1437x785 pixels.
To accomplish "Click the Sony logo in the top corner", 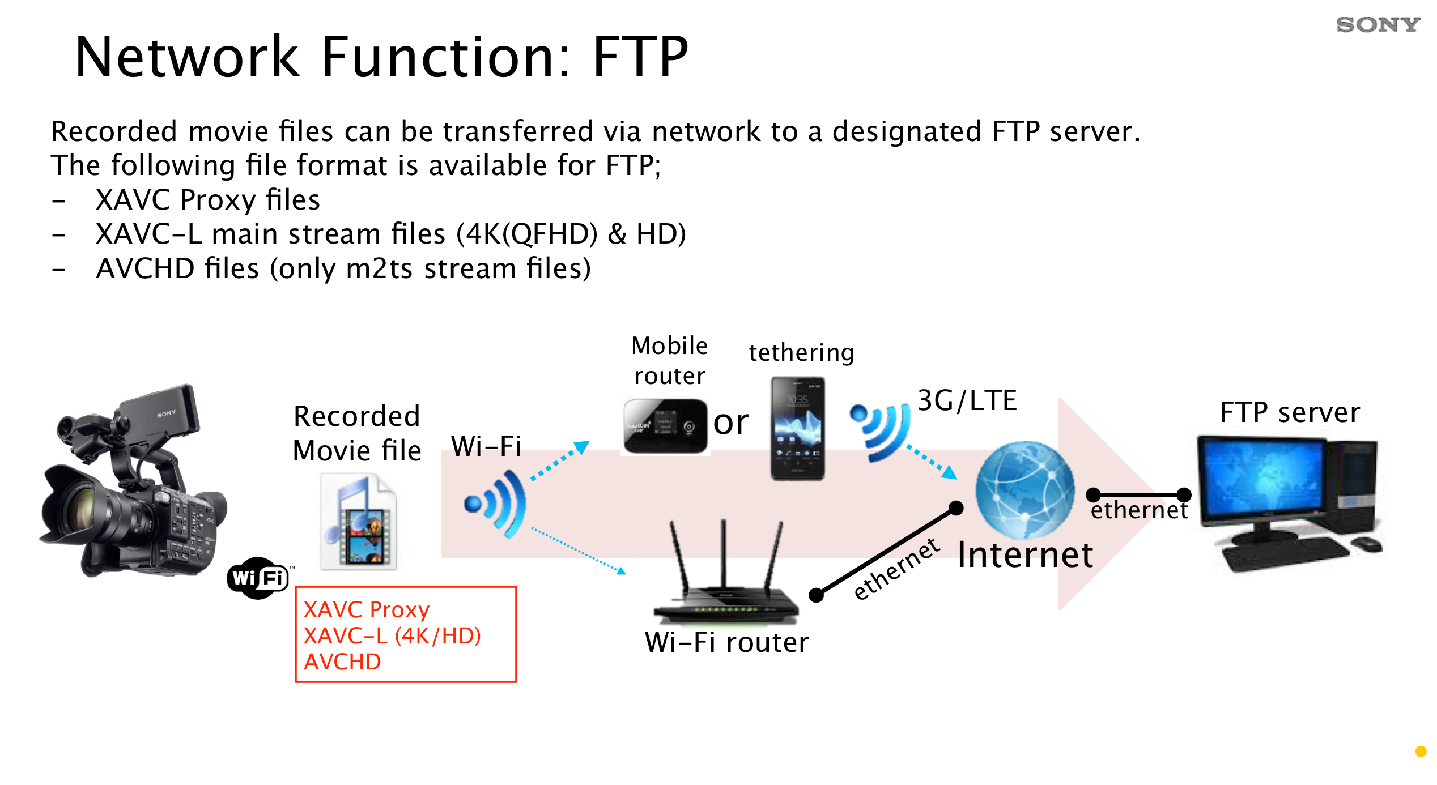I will click(x=1378, y=25).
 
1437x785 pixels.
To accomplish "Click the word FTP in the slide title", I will click(x=640, y=57).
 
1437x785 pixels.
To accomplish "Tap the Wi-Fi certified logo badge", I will click(x=258, y=578).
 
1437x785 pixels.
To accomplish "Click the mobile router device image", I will click(x=665, y=426).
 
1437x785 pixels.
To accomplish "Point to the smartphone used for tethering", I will click(x=797, y=429).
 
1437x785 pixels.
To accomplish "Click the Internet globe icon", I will click(x=1024, y=489).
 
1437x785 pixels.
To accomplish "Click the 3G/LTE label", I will click(x=967, y=400).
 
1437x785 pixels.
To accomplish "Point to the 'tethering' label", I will click(x=801, y=353).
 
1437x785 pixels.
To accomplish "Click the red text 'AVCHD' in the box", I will click(x=342, y=662).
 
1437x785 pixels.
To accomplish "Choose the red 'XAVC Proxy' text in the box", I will click(x=367, y=609).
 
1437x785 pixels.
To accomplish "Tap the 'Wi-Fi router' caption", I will click(x=726, y=642).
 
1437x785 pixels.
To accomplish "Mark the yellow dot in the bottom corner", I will click(x=1421, y=752).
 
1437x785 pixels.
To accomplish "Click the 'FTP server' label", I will click(x=1290, y=412).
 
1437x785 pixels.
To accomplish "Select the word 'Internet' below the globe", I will click(x=1025, y=554).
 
